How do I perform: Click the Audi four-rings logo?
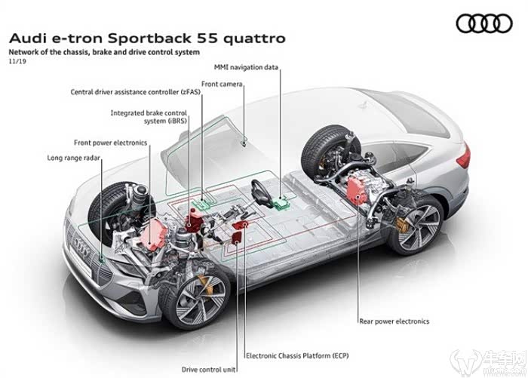(x=485, y=25)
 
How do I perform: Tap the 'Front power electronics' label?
(x=111, y=142)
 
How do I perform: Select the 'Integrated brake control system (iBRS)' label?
(x=147, y=116)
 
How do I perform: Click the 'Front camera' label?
(x=222, y=84)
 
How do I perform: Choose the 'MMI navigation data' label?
(x=246, y=68)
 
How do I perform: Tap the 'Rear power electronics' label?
(x=394, y=321)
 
